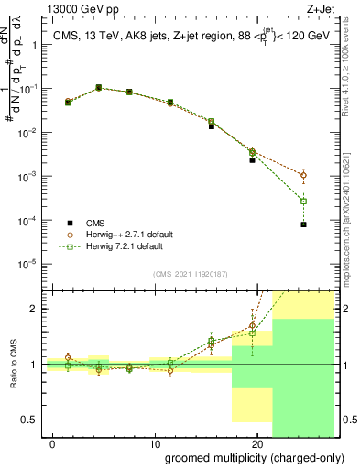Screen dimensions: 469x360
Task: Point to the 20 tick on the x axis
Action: coord(256,443)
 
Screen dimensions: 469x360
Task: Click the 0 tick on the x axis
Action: coord(53,443)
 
